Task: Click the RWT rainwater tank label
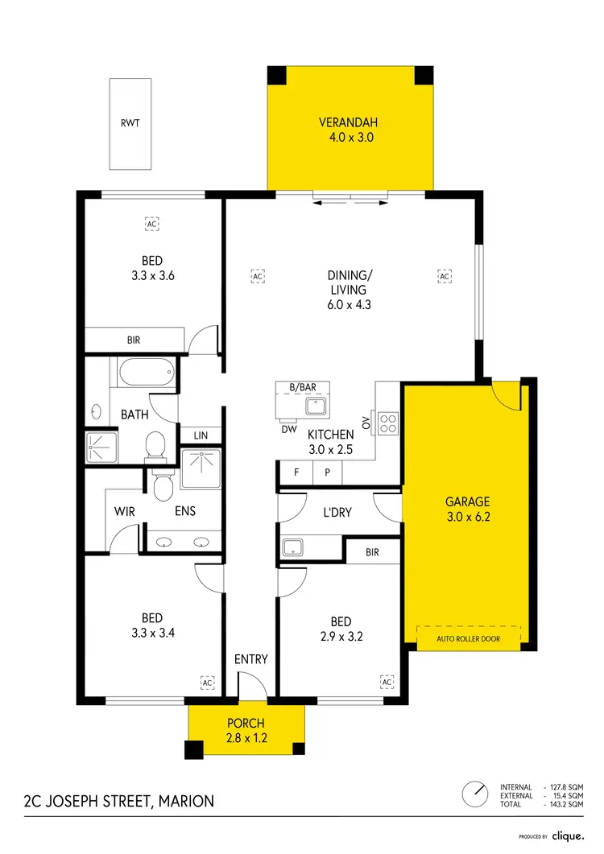130,123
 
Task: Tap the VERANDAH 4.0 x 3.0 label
348,130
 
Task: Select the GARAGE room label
467,509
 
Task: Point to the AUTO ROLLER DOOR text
468,639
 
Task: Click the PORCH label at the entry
246,731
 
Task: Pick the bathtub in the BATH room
145,373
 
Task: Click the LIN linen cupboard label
201,435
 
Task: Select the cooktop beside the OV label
388,423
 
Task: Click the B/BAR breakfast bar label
303,388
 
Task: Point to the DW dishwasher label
289,430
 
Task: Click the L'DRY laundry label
337,513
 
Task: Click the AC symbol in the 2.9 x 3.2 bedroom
387,683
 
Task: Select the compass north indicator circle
475,794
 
